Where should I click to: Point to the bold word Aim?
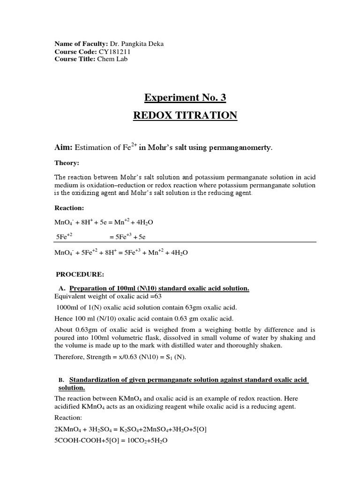click(63, 148)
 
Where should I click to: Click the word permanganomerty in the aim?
click(243, 148)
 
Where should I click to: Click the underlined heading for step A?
click(159, 288)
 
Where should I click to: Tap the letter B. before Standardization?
click(61, 380)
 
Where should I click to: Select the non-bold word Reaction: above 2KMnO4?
click(68, 417)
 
